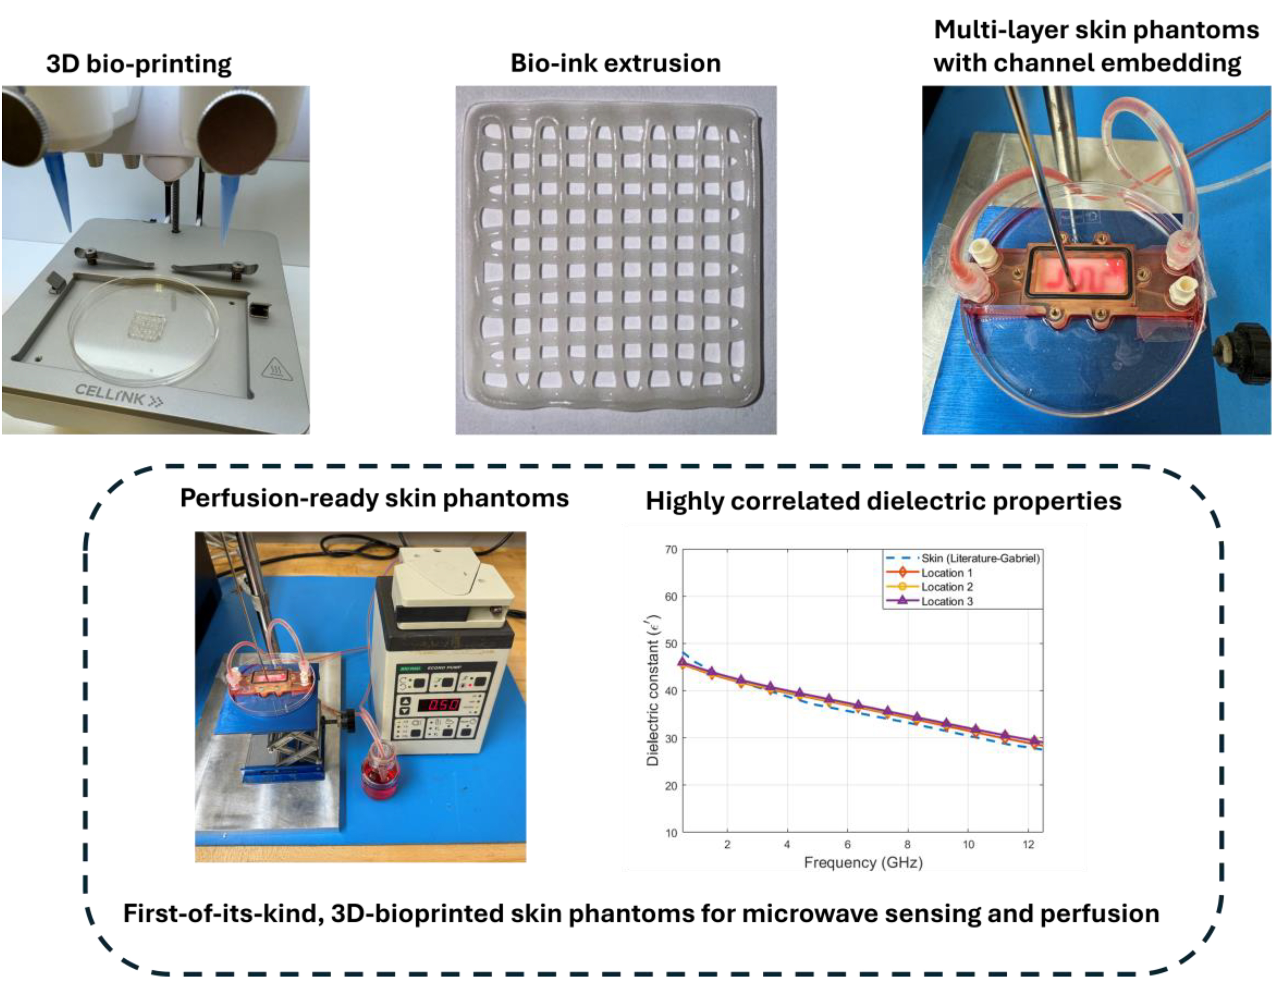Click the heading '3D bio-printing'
139,63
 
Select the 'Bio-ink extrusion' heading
615,63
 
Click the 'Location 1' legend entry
946,573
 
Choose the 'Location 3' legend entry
947,601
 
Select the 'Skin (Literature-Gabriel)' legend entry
980,558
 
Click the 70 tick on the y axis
671,550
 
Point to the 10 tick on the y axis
671,833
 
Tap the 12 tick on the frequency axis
1028,844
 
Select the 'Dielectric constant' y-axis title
653,691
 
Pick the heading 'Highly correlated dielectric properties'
883,501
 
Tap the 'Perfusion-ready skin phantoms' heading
374,498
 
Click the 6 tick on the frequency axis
848,844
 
